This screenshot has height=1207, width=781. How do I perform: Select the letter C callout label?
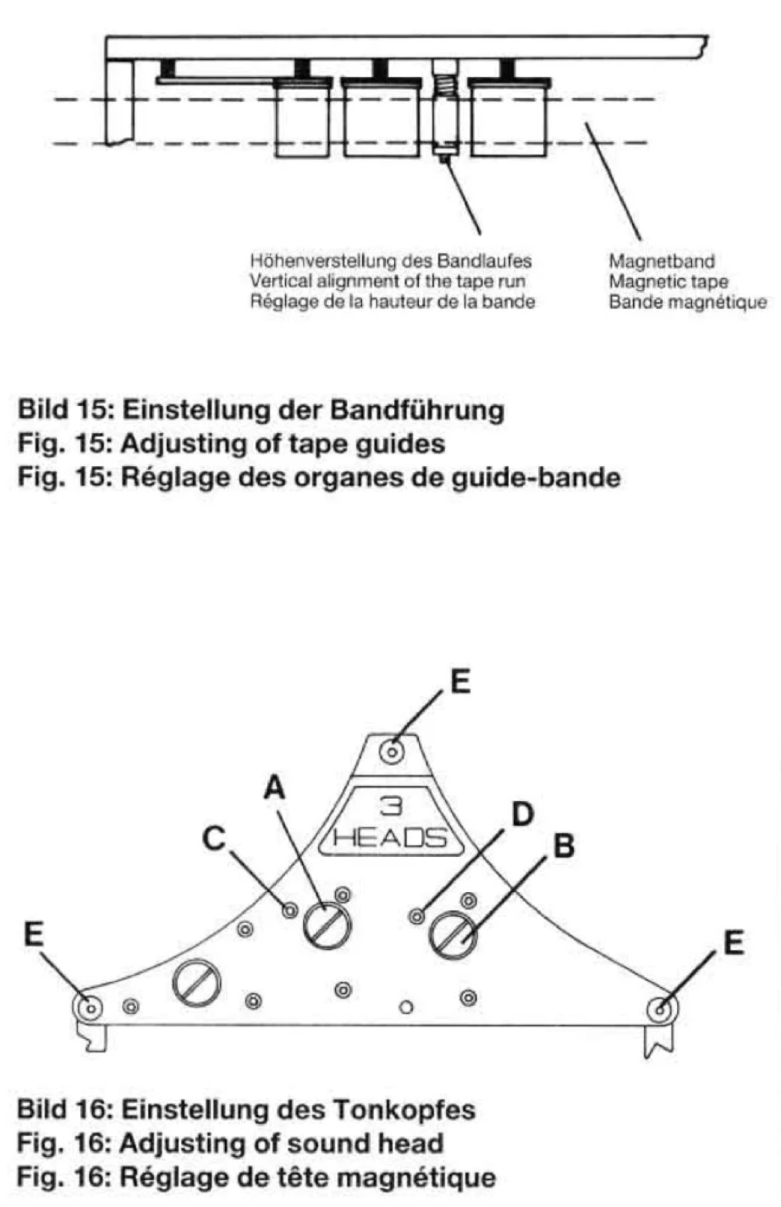pyautogui.click(x=214, y=838)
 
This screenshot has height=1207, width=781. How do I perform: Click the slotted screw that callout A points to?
pyautogui.click(x=327, y=926)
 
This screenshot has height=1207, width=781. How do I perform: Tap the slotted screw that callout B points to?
pyautogui.click(x=453, y=936)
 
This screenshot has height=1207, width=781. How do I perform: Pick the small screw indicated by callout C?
pyautogui.click(x=289, y=911)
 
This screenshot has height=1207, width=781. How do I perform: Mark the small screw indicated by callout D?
pyautogui.click(x=416, y=917)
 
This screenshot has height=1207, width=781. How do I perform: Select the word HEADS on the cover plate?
pyautogui.click(x=390, y=838)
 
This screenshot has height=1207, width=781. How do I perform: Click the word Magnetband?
pyautogui.click(x=661, y=261)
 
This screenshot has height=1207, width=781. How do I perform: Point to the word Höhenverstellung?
pyautogui.click(x=307, y=261)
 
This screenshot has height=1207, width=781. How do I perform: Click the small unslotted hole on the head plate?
pyautogui.click(x=407, y=1007)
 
